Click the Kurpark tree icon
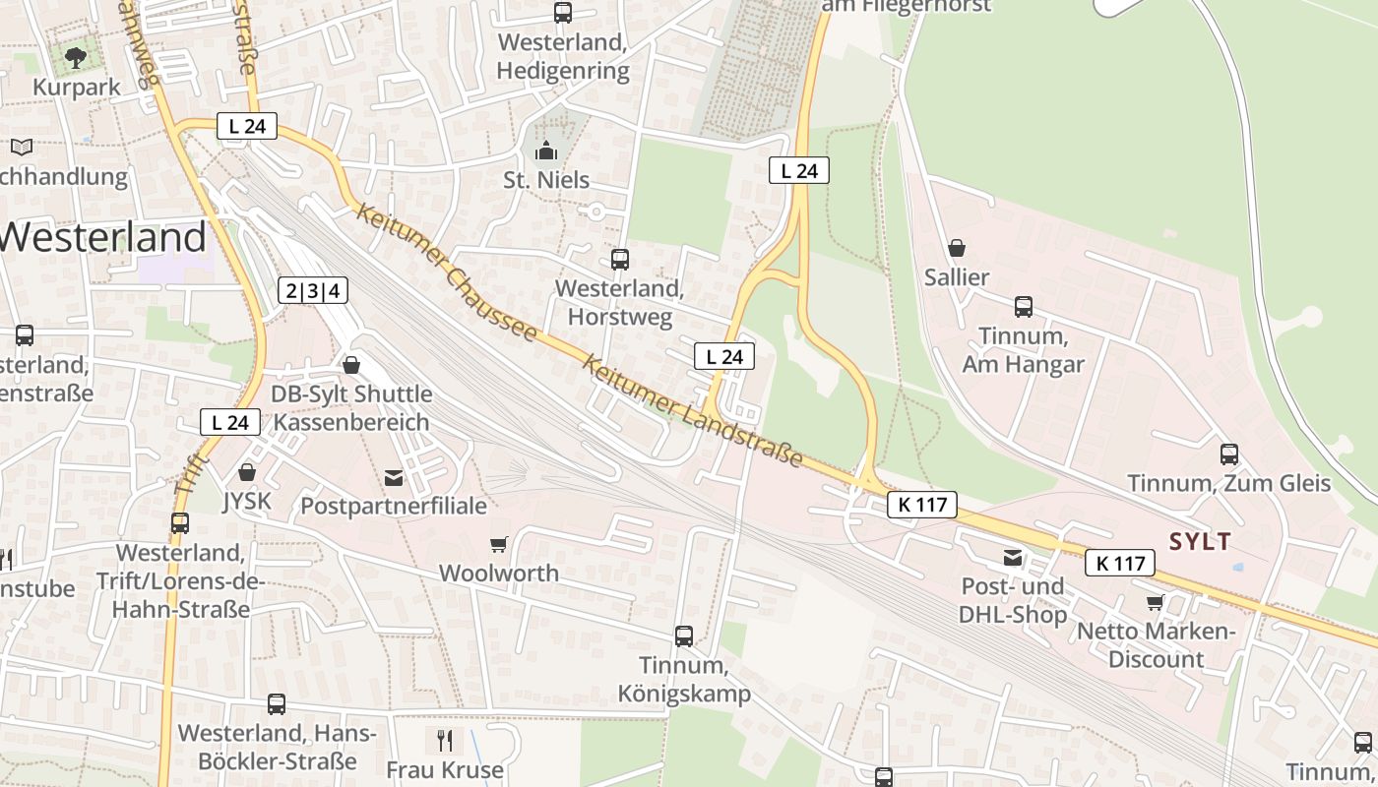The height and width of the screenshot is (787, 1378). point(76,57)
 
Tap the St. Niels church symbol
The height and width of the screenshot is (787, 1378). point(545,151)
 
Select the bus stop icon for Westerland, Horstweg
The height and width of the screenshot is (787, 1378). point(620,260)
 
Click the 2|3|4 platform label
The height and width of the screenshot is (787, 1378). point(314,290)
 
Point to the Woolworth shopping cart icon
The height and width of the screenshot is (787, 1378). point(499,544)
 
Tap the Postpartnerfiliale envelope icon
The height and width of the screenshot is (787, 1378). point(394,478)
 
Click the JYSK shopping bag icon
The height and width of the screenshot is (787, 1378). point(247,473)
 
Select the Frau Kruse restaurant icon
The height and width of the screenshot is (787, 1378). point(445,740)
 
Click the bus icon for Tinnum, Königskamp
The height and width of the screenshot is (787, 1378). point(684,636)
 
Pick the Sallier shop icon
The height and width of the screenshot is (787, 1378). point(956,248)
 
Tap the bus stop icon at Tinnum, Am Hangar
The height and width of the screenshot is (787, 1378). point(1024,307)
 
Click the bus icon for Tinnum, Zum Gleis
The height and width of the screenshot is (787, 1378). point(1229,454)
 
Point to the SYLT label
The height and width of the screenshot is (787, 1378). point(1200,541)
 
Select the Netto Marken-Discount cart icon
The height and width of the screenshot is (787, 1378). point(1155,601)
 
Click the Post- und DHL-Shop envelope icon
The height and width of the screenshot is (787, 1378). point(1013,559)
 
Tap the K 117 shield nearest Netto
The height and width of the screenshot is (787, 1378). point(1120,564)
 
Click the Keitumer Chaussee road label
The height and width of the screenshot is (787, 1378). point(448,273)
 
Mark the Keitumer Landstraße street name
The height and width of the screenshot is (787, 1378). point(692,410)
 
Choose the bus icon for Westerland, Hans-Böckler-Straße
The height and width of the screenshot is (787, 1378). point(277,704)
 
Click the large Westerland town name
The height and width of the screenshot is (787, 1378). point(103,238)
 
